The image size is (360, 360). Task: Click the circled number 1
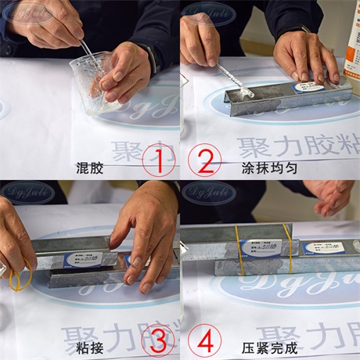pos(158,163)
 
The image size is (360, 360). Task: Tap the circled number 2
pos(202,163)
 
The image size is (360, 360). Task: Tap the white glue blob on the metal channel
pos(245,92)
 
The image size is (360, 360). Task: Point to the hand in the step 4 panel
pos(332,196)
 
